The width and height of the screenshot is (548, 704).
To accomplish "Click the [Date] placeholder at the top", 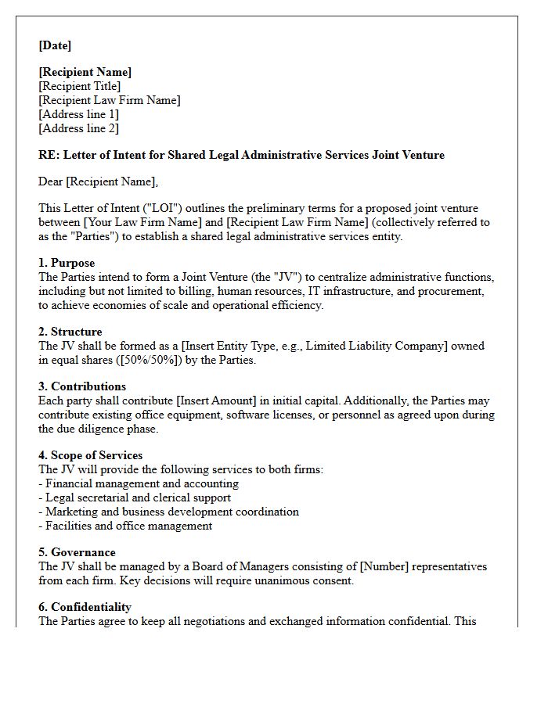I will (55, 45).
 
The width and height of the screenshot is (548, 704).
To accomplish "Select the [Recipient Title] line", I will (79, 86).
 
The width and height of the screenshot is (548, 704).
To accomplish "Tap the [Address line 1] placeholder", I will (78, 114).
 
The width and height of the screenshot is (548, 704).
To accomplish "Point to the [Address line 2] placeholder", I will (78, 128).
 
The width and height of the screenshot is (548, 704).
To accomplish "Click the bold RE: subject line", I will (241, 155).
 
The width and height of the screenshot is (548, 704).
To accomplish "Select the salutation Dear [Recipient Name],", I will (98, 181).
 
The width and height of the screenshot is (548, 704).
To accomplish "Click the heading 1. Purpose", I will (67, 263).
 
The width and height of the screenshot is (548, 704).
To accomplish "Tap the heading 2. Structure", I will (70, 332).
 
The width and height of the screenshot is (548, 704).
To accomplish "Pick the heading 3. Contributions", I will (82, 386).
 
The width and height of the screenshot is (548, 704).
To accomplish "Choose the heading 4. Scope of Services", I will (90, 455).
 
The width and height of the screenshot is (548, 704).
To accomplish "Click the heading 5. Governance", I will (77, 552).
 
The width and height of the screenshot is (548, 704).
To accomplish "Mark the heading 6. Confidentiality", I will (85, 607).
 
